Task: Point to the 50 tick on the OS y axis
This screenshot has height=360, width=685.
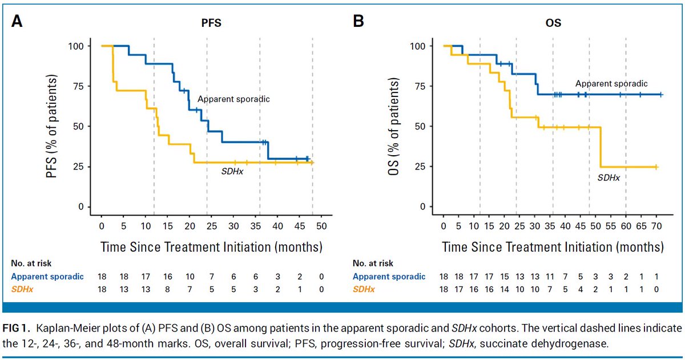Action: [423, 126]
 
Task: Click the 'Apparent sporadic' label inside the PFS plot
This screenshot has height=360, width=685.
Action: [233, 99]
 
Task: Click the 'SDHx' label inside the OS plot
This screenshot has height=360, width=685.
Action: [609, 177]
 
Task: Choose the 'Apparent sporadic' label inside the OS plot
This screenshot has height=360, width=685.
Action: [611, 83]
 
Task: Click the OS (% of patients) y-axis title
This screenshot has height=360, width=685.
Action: [401, 127]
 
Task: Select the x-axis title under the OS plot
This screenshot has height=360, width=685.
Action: [553, 248]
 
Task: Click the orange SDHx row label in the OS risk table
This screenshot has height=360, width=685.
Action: [364, 290]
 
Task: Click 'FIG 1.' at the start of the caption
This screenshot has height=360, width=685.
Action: [22, 329]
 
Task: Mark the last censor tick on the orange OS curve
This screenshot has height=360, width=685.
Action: [656, 167]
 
